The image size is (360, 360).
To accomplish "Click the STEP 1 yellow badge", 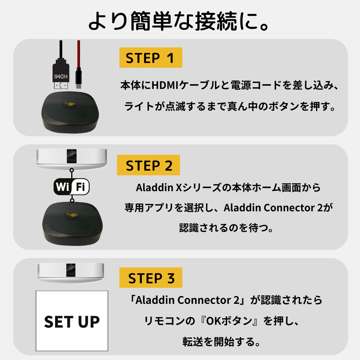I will click(150, 58).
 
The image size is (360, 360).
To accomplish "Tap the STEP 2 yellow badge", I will click(148, 166).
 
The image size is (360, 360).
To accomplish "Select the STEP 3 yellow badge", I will click(150, 278).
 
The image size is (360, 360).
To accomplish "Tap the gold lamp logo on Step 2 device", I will click(72, 215).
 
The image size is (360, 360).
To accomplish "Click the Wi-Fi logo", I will click(72, 187).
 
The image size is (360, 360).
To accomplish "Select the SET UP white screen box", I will click(72, 321).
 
